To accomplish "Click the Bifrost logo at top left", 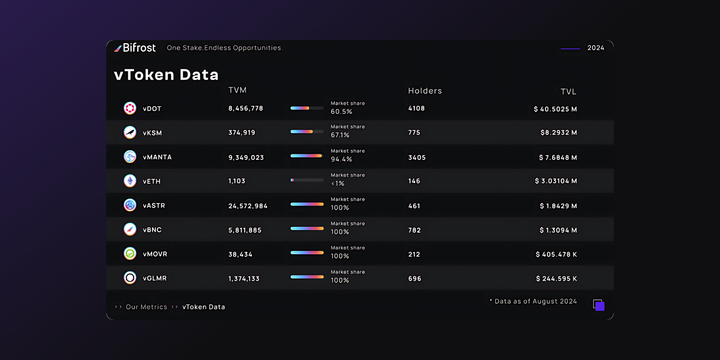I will [135, 48].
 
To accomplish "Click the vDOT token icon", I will [130, 108].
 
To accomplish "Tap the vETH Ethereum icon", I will [130, 181].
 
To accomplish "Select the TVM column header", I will [237, 90].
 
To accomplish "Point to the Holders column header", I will [425, 91].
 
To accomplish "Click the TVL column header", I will [568, 92].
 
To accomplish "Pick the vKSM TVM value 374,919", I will [242, 133].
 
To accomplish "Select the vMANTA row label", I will [157, 157].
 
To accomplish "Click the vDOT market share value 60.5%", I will [342, 112].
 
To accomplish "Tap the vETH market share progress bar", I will [307, 180].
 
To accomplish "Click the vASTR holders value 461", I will [414, 206].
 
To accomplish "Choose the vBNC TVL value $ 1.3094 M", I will [558, 230].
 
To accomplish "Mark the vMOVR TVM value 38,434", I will [240, 254].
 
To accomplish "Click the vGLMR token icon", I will [130, 278].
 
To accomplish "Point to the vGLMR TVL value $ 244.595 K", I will [556, 279].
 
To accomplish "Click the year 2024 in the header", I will [595, 48].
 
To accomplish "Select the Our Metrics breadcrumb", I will [146, 307].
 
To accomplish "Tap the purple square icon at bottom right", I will [599, 306].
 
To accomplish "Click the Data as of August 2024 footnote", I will [535, 301].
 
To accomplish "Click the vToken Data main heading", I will [166, 75].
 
